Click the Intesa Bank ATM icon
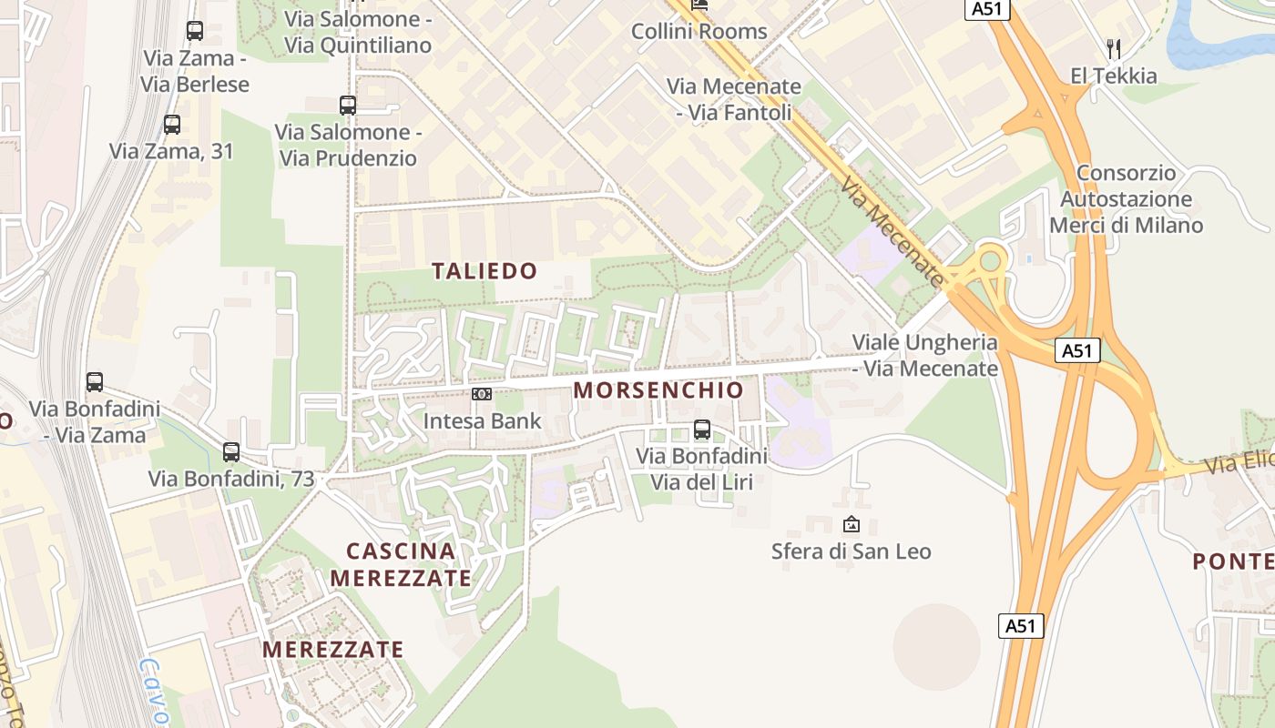point(482,394)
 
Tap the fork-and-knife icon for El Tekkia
point(1113,48)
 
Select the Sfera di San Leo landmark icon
point(851,524)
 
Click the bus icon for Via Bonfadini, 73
point(231,451)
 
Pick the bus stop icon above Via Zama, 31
point(172,125)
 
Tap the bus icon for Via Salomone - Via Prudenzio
point(347,106)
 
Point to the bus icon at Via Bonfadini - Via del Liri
point(701,430)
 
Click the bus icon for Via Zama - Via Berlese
point(194,31)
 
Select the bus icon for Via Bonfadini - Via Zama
point(95,382)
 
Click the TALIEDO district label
point(484,271)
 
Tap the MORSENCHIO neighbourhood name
point(658,390)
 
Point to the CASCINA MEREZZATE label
point(401,564)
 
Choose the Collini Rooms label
point(699,31)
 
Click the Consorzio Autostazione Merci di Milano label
point(1126,199)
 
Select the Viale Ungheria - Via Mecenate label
point(924,356)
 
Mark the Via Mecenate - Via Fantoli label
point(734,99)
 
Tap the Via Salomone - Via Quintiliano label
point(357,32)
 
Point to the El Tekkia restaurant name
point(1113,76)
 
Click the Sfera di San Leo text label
point(851,551)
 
